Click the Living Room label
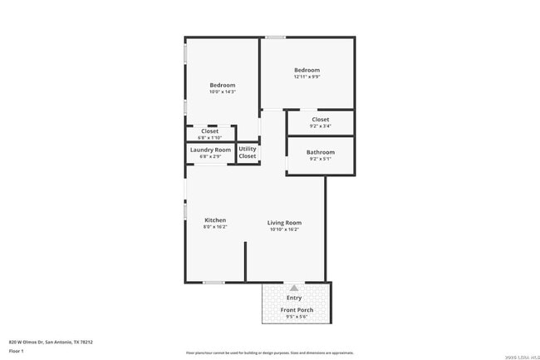tap(284, 222)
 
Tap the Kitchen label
tap(214, 220)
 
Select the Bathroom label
tap(320, 152)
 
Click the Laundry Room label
tap(210, 150)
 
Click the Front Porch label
tap(297, 310)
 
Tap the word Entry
tap(294, 298)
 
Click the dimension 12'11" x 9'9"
tap(307, 77)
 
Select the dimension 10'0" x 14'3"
tap(222, 92)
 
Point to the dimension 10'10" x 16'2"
tap(284, 229)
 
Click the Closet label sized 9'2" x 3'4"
tap(320, 120)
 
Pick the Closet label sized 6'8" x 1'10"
tap(209, 131)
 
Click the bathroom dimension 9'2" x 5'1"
tap(320, 159)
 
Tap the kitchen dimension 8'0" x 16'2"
tap(214, 227)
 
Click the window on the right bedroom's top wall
tap(276, 37)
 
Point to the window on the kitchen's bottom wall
tap(214, 283)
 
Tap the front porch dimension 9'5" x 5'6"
tap(297, 317)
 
